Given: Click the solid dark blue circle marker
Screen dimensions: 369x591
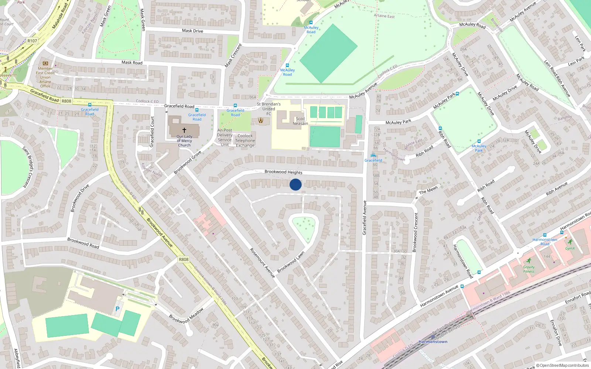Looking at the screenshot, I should [295, 184].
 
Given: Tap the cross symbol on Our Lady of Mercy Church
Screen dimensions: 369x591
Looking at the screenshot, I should [184, 130].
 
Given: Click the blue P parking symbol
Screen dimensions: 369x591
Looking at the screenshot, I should [117, 309].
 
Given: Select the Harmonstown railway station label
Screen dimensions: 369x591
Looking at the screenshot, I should [433, 342].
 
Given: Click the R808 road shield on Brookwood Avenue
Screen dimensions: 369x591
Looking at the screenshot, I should [184, 259].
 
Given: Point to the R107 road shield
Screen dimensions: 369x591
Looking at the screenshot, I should [32, 41].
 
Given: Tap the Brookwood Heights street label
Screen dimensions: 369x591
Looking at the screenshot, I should [283, 172].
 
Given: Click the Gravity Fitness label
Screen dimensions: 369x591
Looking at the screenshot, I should [529, 269].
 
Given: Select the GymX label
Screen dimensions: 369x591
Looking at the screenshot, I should [570, 248].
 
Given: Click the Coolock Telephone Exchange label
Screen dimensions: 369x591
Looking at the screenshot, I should [245, 141].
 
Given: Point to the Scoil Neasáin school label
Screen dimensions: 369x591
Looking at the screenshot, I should [300, 121].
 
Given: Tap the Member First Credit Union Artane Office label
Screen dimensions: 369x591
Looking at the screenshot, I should [45, 77].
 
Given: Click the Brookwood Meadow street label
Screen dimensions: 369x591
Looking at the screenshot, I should [186, 316].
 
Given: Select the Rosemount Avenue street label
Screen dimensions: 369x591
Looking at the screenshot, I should [262, 262].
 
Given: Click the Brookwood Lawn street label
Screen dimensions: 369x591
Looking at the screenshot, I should [291, 262].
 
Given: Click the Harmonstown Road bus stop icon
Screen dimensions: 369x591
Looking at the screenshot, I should [544, 235].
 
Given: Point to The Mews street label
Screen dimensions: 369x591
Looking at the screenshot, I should [428, 190].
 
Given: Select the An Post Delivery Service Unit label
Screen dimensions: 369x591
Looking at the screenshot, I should [225, 137].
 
